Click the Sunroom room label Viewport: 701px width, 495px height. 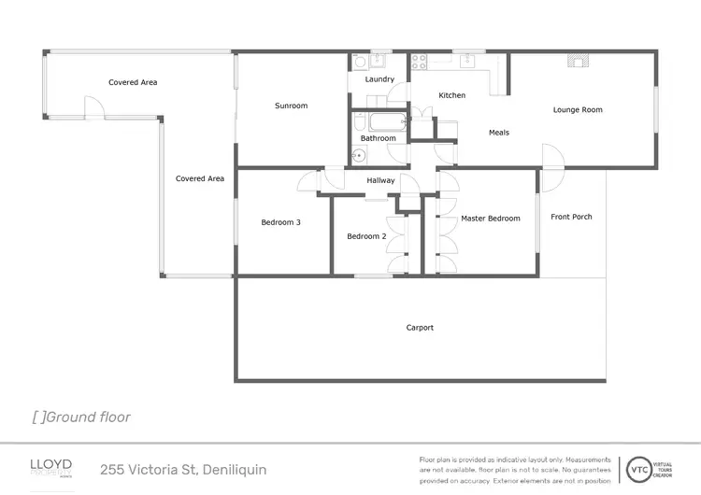291,106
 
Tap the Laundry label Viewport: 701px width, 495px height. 379,79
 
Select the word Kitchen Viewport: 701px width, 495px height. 451,95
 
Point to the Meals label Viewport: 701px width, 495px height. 499,133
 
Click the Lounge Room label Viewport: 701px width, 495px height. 578,110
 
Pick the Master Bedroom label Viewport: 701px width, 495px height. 490,219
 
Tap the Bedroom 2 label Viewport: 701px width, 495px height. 366,236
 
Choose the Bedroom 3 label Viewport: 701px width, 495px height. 280,222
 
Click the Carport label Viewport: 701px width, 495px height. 420,328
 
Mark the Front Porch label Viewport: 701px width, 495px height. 571,217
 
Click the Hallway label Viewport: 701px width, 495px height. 380,180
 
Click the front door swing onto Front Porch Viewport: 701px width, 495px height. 551,159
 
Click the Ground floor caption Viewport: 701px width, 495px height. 81,417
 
